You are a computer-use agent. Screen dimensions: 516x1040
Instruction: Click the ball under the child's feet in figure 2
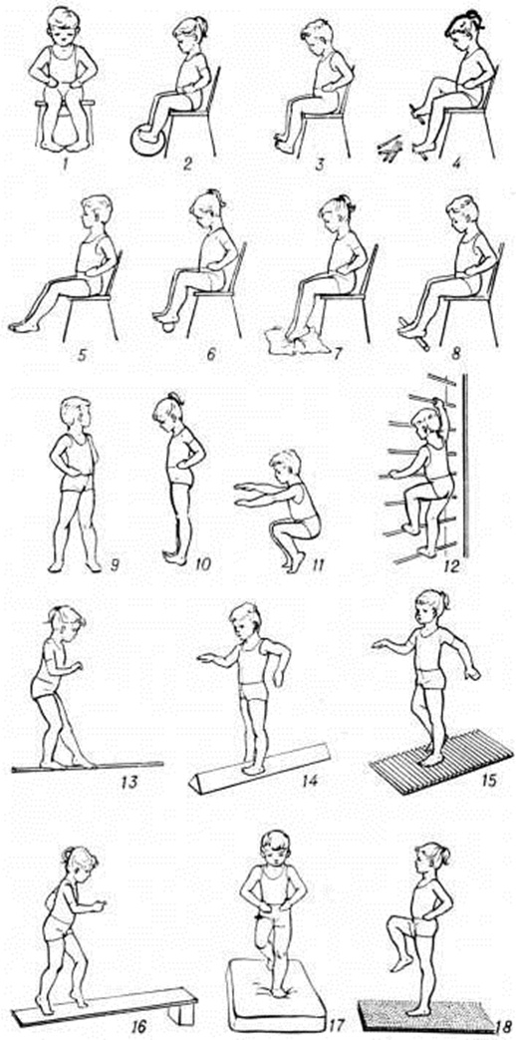(x=145, y=140)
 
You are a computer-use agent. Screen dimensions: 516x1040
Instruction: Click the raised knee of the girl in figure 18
(x=391, y=924)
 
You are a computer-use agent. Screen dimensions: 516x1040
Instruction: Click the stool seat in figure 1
(x=65, y=104)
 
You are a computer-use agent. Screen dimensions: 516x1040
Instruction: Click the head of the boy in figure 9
(x=75, y=415)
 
